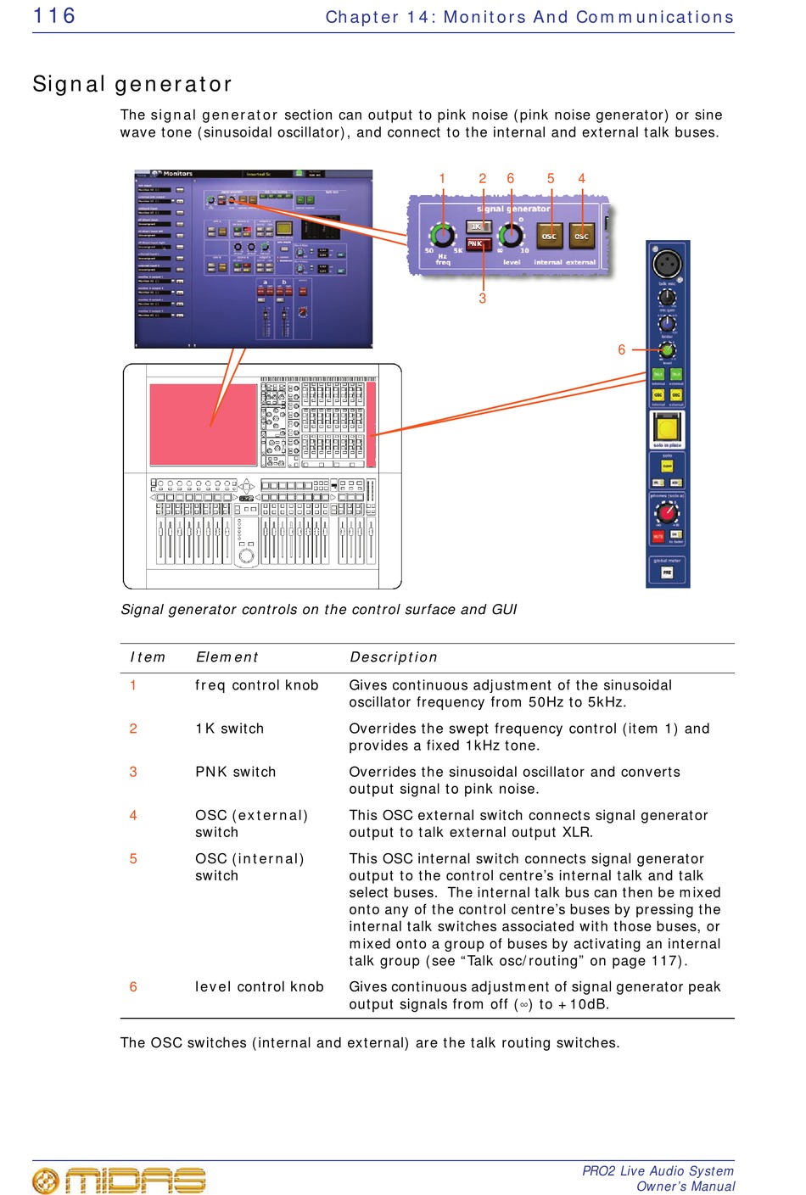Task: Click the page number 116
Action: click(54, 16)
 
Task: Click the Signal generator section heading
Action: click(132, 84)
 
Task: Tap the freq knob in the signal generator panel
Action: click(441, 234)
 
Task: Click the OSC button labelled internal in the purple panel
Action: click(549, 235)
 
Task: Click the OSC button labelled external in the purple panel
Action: click(581, 235)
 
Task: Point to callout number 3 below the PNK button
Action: click(483, 299)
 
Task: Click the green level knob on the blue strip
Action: click(667, 350)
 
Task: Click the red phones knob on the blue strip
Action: click(667, 513)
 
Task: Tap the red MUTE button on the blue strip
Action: click(658, 536)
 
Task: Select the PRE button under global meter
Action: click(667, 572)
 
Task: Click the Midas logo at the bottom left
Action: click(119, 1180)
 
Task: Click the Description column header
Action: click(393, 657)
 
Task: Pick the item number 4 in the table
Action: click(133, 815)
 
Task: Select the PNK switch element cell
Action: click(236, 772)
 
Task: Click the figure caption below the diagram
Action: click(319, 610)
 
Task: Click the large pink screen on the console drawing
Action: click(203, 423)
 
